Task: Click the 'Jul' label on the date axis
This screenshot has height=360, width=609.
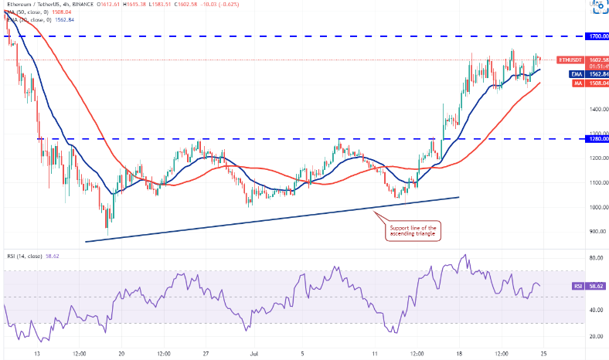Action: tap(253, 354)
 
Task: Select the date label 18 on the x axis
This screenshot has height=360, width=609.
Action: tap(458, 354)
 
